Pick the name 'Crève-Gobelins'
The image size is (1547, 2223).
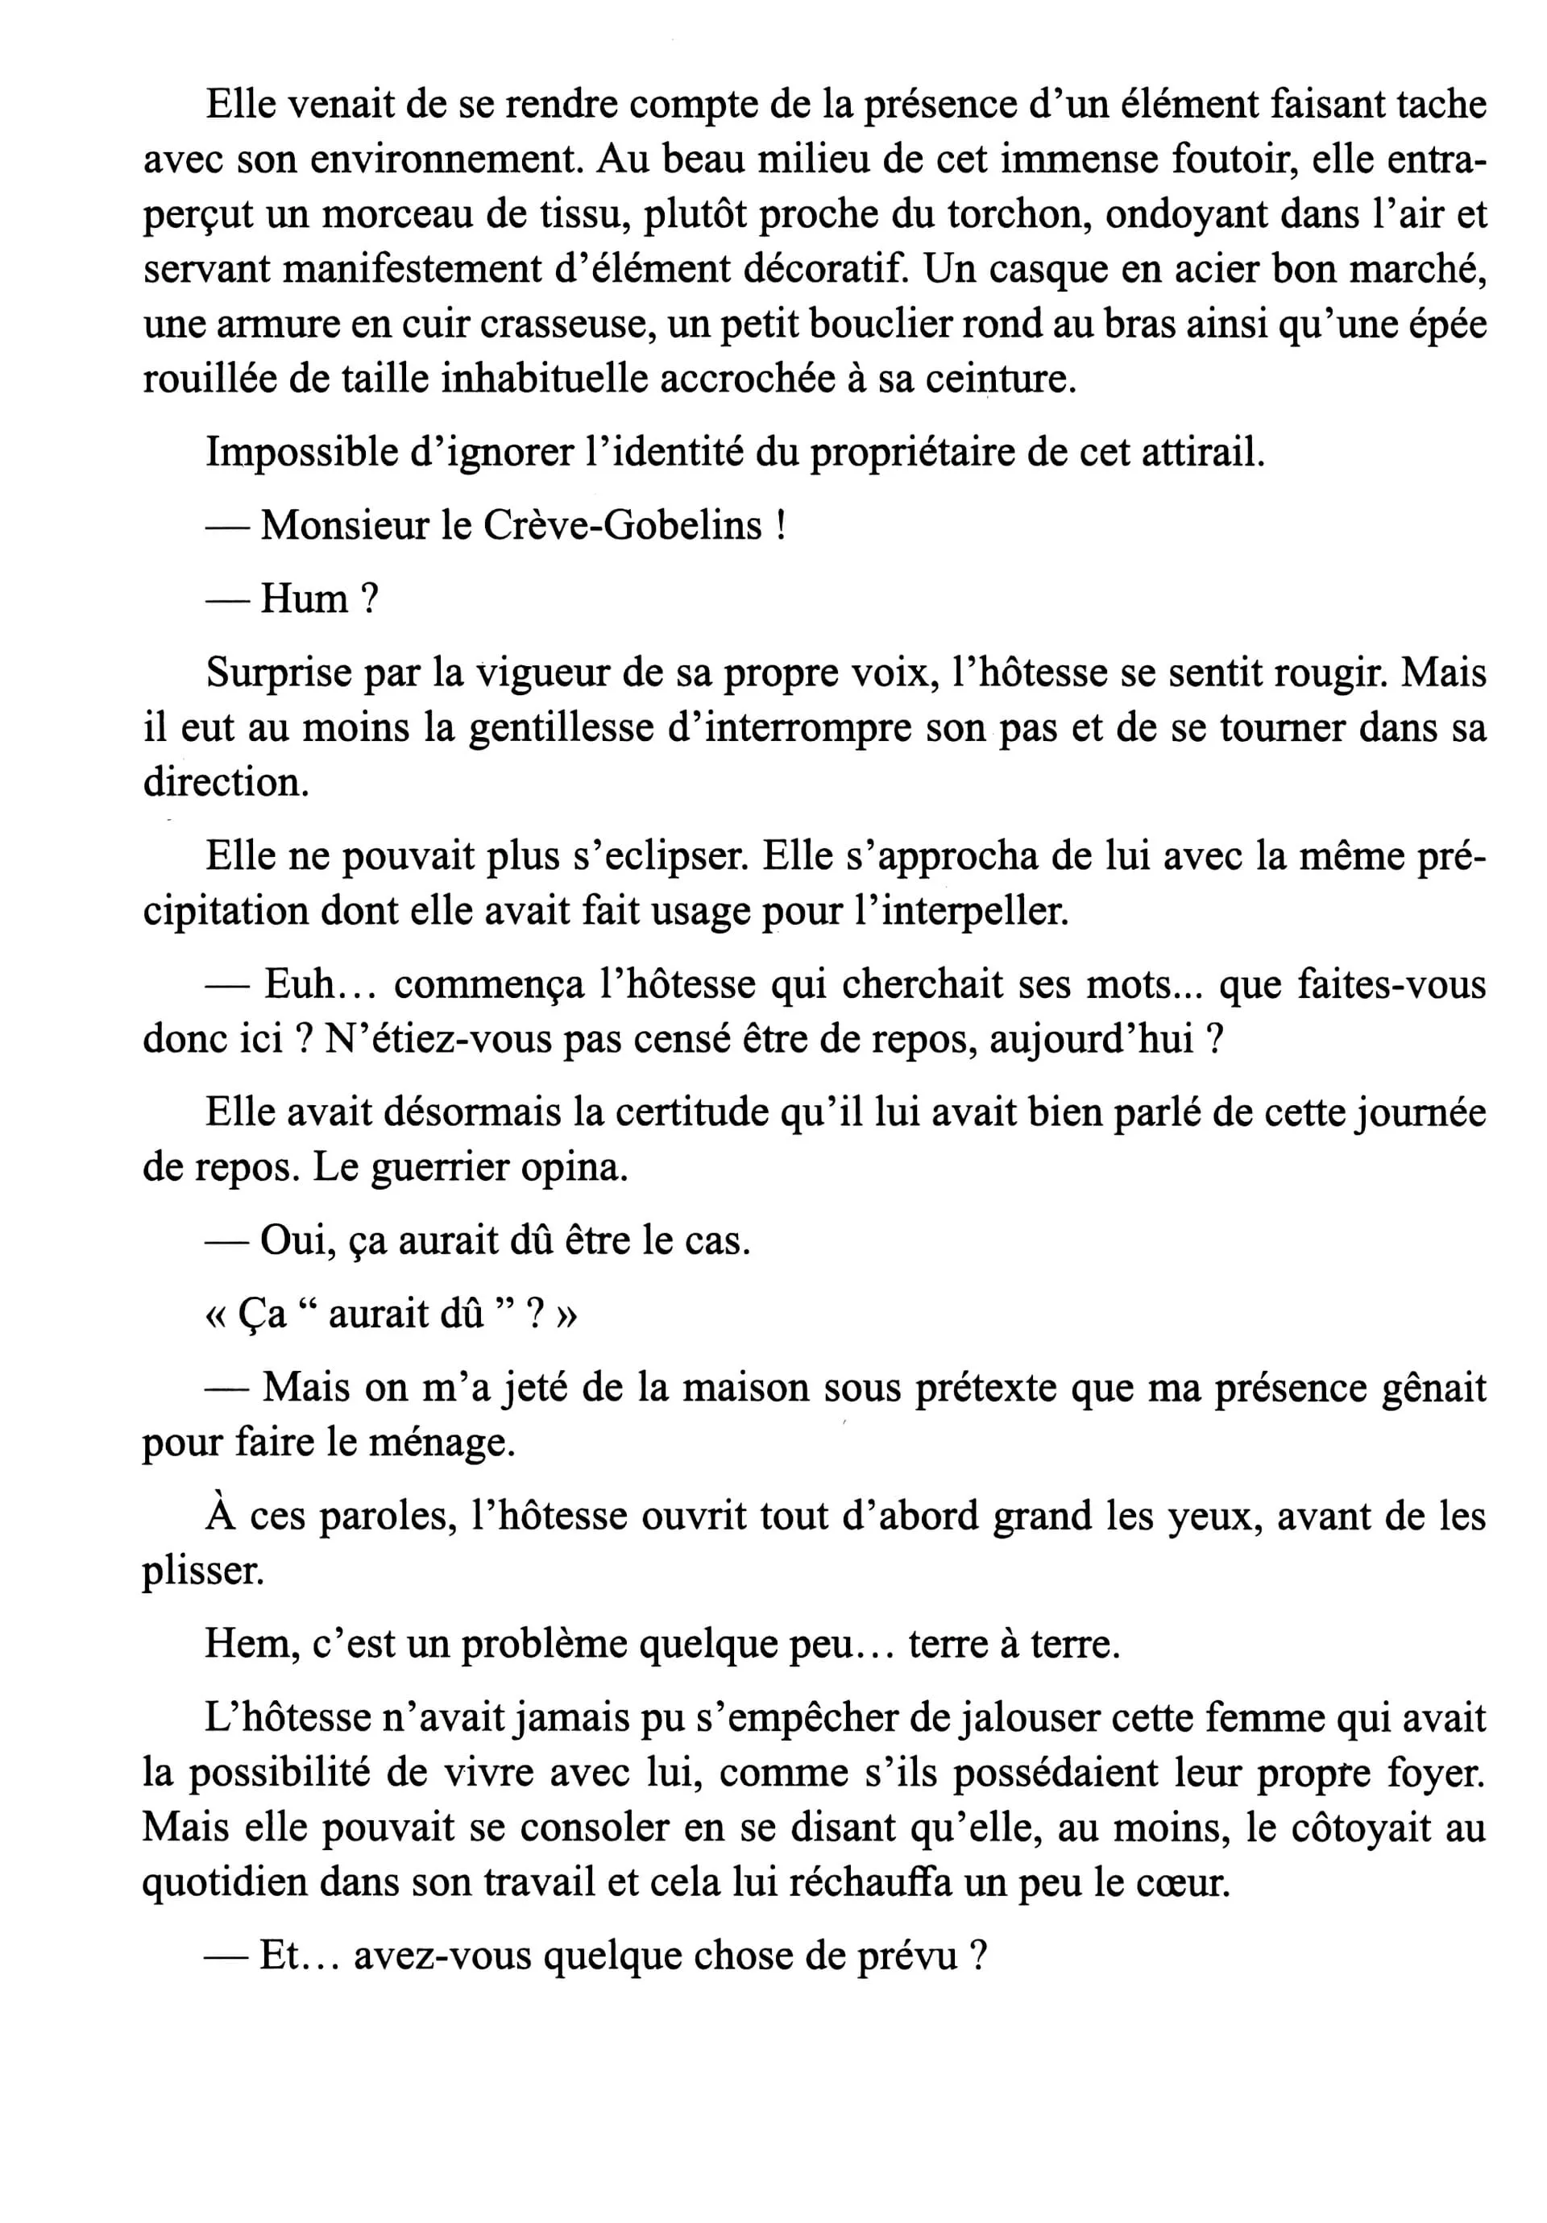pyautogui.click(x=622, y=526)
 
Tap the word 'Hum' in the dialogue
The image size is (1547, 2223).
pyautogui.click(x=305, y=599)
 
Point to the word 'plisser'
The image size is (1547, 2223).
pyautogui.click(x=202, y=1571)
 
